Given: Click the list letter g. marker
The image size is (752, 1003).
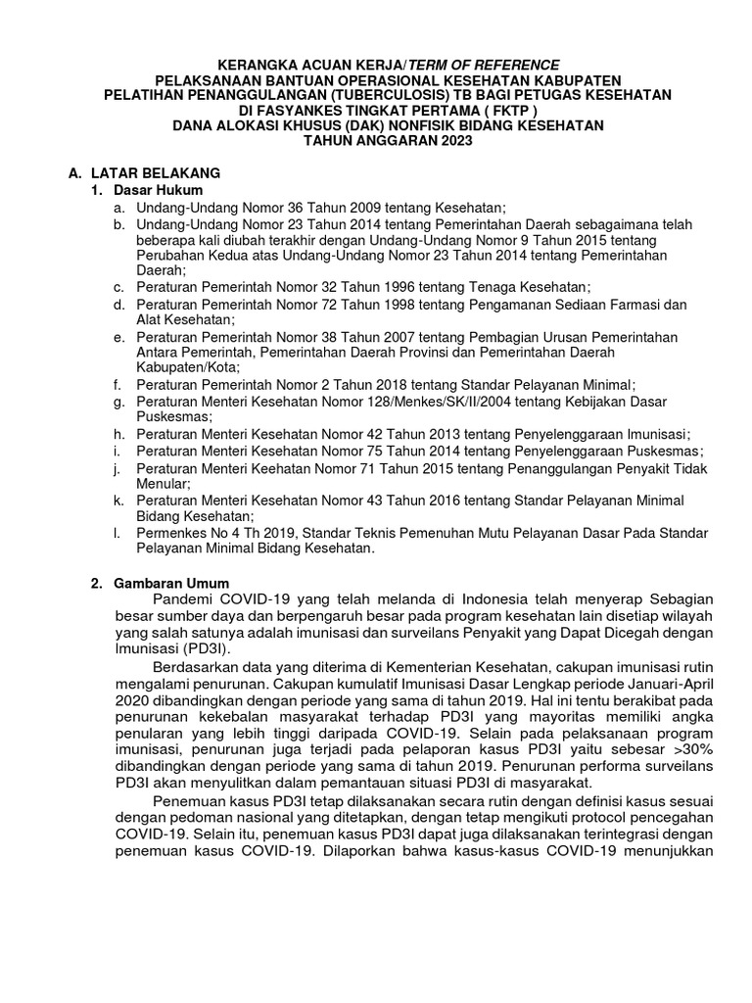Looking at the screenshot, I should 117,401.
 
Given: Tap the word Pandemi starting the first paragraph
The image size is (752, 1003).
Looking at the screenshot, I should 182,598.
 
